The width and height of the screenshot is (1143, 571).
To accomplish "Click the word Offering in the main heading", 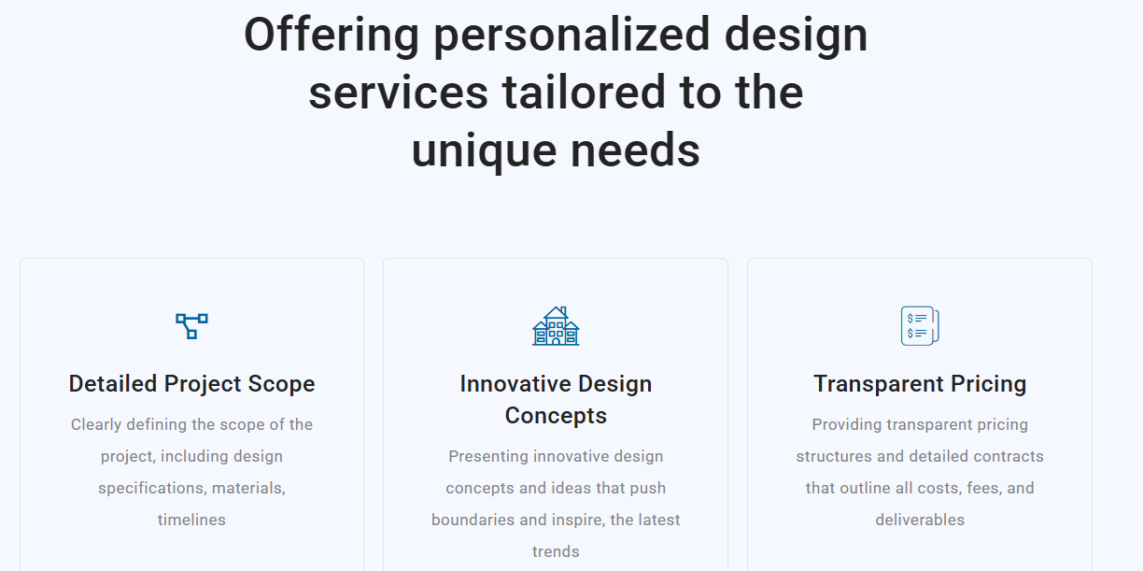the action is click(332, 36).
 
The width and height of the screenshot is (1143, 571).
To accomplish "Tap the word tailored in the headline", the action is click(584, 93).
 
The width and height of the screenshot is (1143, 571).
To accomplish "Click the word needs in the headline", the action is click(635, 150).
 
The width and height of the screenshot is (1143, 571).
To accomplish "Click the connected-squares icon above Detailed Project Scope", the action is click(191, 326).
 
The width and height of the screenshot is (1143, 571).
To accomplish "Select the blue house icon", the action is click(556, 326).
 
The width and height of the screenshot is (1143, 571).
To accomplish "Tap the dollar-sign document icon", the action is click(920, 326).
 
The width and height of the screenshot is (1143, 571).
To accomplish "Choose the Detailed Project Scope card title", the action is click(191, 384).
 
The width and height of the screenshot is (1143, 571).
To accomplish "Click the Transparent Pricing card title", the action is click(920, 384).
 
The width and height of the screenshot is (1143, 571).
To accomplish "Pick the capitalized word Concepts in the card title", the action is click(556, 416).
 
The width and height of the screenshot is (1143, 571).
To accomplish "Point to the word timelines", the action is click(191, 520).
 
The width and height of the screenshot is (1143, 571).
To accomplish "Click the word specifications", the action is click(152, 489).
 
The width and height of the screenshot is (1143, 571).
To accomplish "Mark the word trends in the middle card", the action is click(556, 551).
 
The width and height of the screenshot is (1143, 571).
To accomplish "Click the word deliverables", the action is click(920, 520).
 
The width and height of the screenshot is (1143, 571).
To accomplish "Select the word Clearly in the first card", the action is click(96, 425).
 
